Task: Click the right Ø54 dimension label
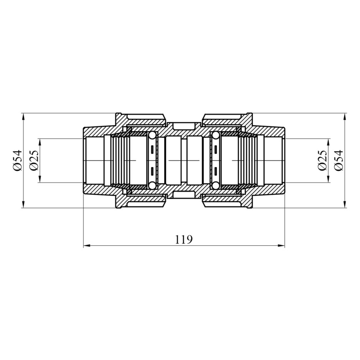(x=339, y=160)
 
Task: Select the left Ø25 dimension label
(x=34, y=160)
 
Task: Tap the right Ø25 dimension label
(x=322, y=160)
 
